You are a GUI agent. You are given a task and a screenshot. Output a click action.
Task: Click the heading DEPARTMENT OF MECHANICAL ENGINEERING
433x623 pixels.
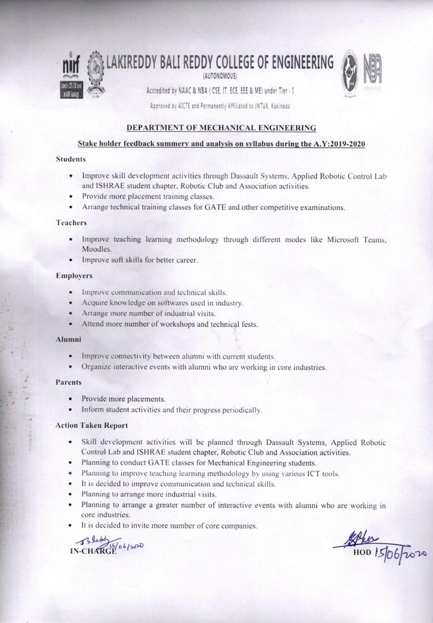pyautogui.click(x=221, y=128)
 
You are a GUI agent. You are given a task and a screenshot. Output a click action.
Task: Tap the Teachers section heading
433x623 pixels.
pyautogui.click(x=71, y=223)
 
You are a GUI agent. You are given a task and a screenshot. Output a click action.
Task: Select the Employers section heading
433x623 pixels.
pyautogui.click(x=73, y=276)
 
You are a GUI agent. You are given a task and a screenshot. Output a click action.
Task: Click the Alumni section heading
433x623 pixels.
pyautogui.click(x=68, y=339)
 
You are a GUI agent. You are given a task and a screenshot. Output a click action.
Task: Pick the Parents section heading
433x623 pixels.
pyautogui.click(x=69, y=382)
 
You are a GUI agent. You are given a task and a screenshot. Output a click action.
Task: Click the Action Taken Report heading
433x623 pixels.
pyautogui.click(x=91, y=425)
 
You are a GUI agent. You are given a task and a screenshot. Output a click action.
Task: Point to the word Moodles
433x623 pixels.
pyautogui.click(x=97, y=249)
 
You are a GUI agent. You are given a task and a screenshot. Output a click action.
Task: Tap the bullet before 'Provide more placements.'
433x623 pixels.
pyautogui.click(x=72, y=399)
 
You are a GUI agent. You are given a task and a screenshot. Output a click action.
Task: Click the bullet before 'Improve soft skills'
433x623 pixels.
pyautogui.click(x=72, y=260)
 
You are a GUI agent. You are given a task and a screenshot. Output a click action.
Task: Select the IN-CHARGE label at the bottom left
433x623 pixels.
pyautogui.click(x=90, y=552)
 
